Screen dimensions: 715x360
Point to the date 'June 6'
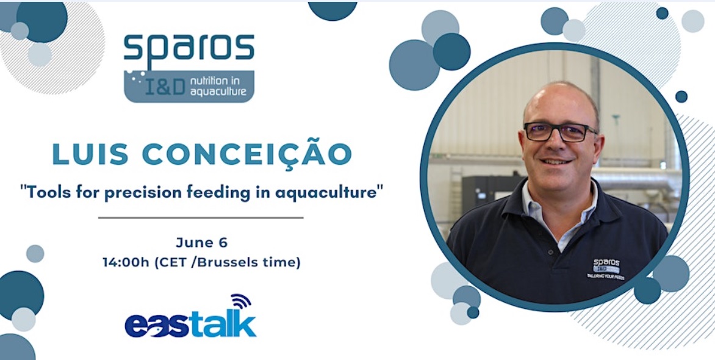[x=201, y=242]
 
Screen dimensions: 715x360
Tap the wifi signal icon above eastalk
[x=241, y=301]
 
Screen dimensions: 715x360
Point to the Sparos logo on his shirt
[x=606, y=268]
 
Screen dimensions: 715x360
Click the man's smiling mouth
[x=555, y=161]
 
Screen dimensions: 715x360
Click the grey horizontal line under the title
[x=201, y=218]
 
